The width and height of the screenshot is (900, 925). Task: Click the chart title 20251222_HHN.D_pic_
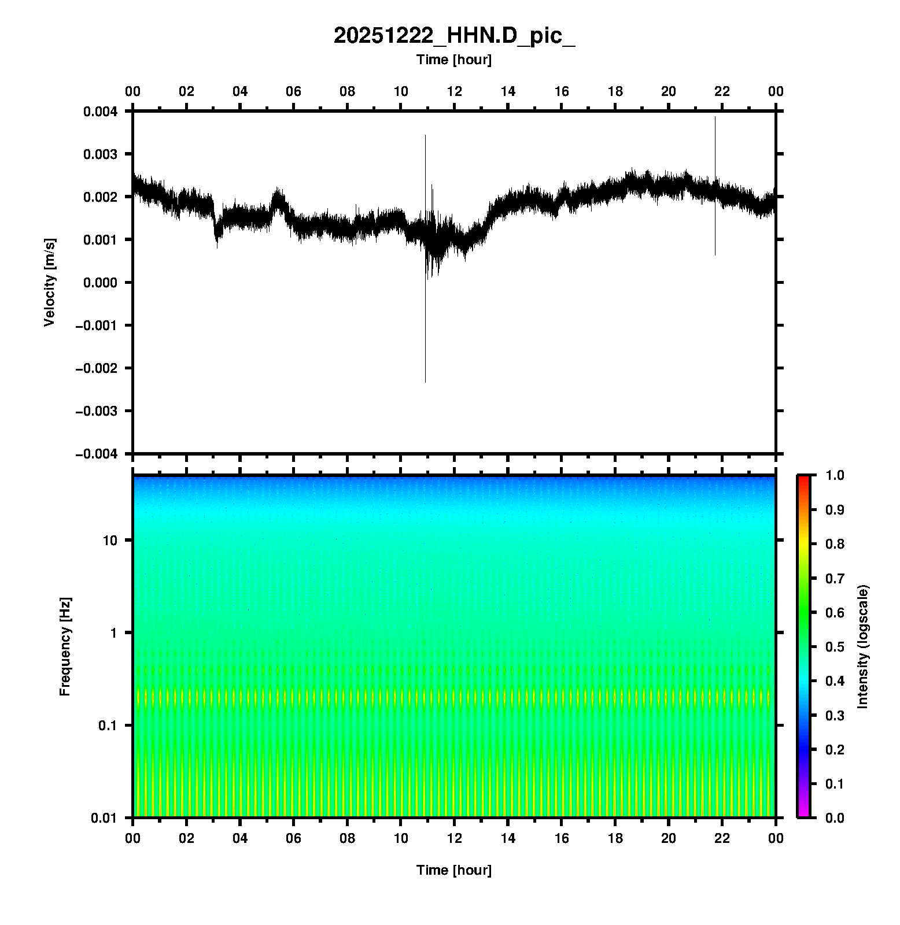(454, 36)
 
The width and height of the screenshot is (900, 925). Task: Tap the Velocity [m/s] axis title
(50, 282)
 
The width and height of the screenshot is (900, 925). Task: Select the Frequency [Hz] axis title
(65, 646)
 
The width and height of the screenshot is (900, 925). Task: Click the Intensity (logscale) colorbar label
(863, 646)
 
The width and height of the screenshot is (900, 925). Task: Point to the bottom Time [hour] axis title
(454, 870)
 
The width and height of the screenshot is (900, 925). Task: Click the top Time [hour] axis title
(454, 60)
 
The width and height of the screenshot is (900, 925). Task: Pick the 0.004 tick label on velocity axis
(100, 112)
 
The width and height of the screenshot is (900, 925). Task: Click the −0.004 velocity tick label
(97, 454)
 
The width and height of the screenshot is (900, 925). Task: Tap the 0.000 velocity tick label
(100, 283)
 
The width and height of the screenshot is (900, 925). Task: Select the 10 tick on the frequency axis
(110, 541)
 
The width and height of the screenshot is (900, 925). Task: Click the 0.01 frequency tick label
(105, 818)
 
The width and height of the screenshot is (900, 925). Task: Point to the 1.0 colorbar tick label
(835, 475)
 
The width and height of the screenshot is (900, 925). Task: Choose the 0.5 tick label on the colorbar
(835, 646)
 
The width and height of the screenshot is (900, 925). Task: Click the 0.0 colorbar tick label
(835, 817)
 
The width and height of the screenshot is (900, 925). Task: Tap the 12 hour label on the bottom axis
(455, 838)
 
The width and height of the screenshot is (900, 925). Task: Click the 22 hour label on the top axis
(722, 91)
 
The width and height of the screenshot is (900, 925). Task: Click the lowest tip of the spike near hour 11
(425, 381)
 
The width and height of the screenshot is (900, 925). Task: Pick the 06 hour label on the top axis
(294, 91)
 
